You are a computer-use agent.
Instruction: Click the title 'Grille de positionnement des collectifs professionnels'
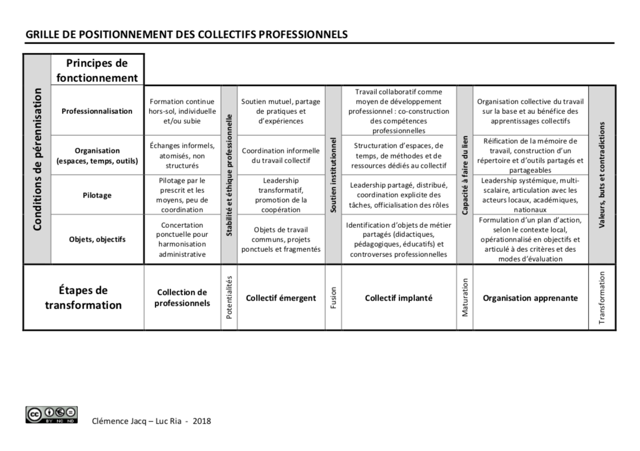pyautogui.click(x=187, y=35)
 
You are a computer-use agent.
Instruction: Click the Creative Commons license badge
pyautogui.click(x=52, y=415)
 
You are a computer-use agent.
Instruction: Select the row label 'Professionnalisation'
pyautogui.click(x=97, y=111)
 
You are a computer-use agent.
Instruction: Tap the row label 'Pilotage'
pyautogui.click(x=97, y=195)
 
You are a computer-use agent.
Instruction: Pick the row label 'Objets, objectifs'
pyautogui.click(x=97, y=239)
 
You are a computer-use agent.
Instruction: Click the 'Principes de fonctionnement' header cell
pyautogui.click(x=97, y=70)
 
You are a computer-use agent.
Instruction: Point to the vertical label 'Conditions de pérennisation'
pyautogui.click(x=37, y=159)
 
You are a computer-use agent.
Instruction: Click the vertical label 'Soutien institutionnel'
pyautogui.click(x=333, y=175)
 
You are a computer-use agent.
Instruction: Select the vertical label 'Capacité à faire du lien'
pyautogui.click(x=465, y=175)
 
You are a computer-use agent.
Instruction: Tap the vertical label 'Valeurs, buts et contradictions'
pyautogui.click(x=602, y=175)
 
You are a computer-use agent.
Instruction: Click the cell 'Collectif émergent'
pyautogui.click(x=281, y=298)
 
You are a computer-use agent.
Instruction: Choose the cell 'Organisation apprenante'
pyautogui.click(x=530, y=298)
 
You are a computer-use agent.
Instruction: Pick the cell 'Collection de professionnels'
pyautogui.click(x=182, y=298)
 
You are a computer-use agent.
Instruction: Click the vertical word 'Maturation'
pyautogui.click(x=465, y=298)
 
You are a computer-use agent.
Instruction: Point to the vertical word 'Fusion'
pyautogui.click(x=333, y=298)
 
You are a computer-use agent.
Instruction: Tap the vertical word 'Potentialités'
pyautogui.click(x=229, y=298)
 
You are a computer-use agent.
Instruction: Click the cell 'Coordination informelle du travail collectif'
pyautogui.click(x=281, y=156)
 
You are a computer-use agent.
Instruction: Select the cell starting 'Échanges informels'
pyautogui.click(x=182, y=156)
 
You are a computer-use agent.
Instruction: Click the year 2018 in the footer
pyautogui.click(x=202, y=421)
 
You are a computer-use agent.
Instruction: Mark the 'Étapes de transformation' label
pyautogui.click(x=84, y=298)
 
